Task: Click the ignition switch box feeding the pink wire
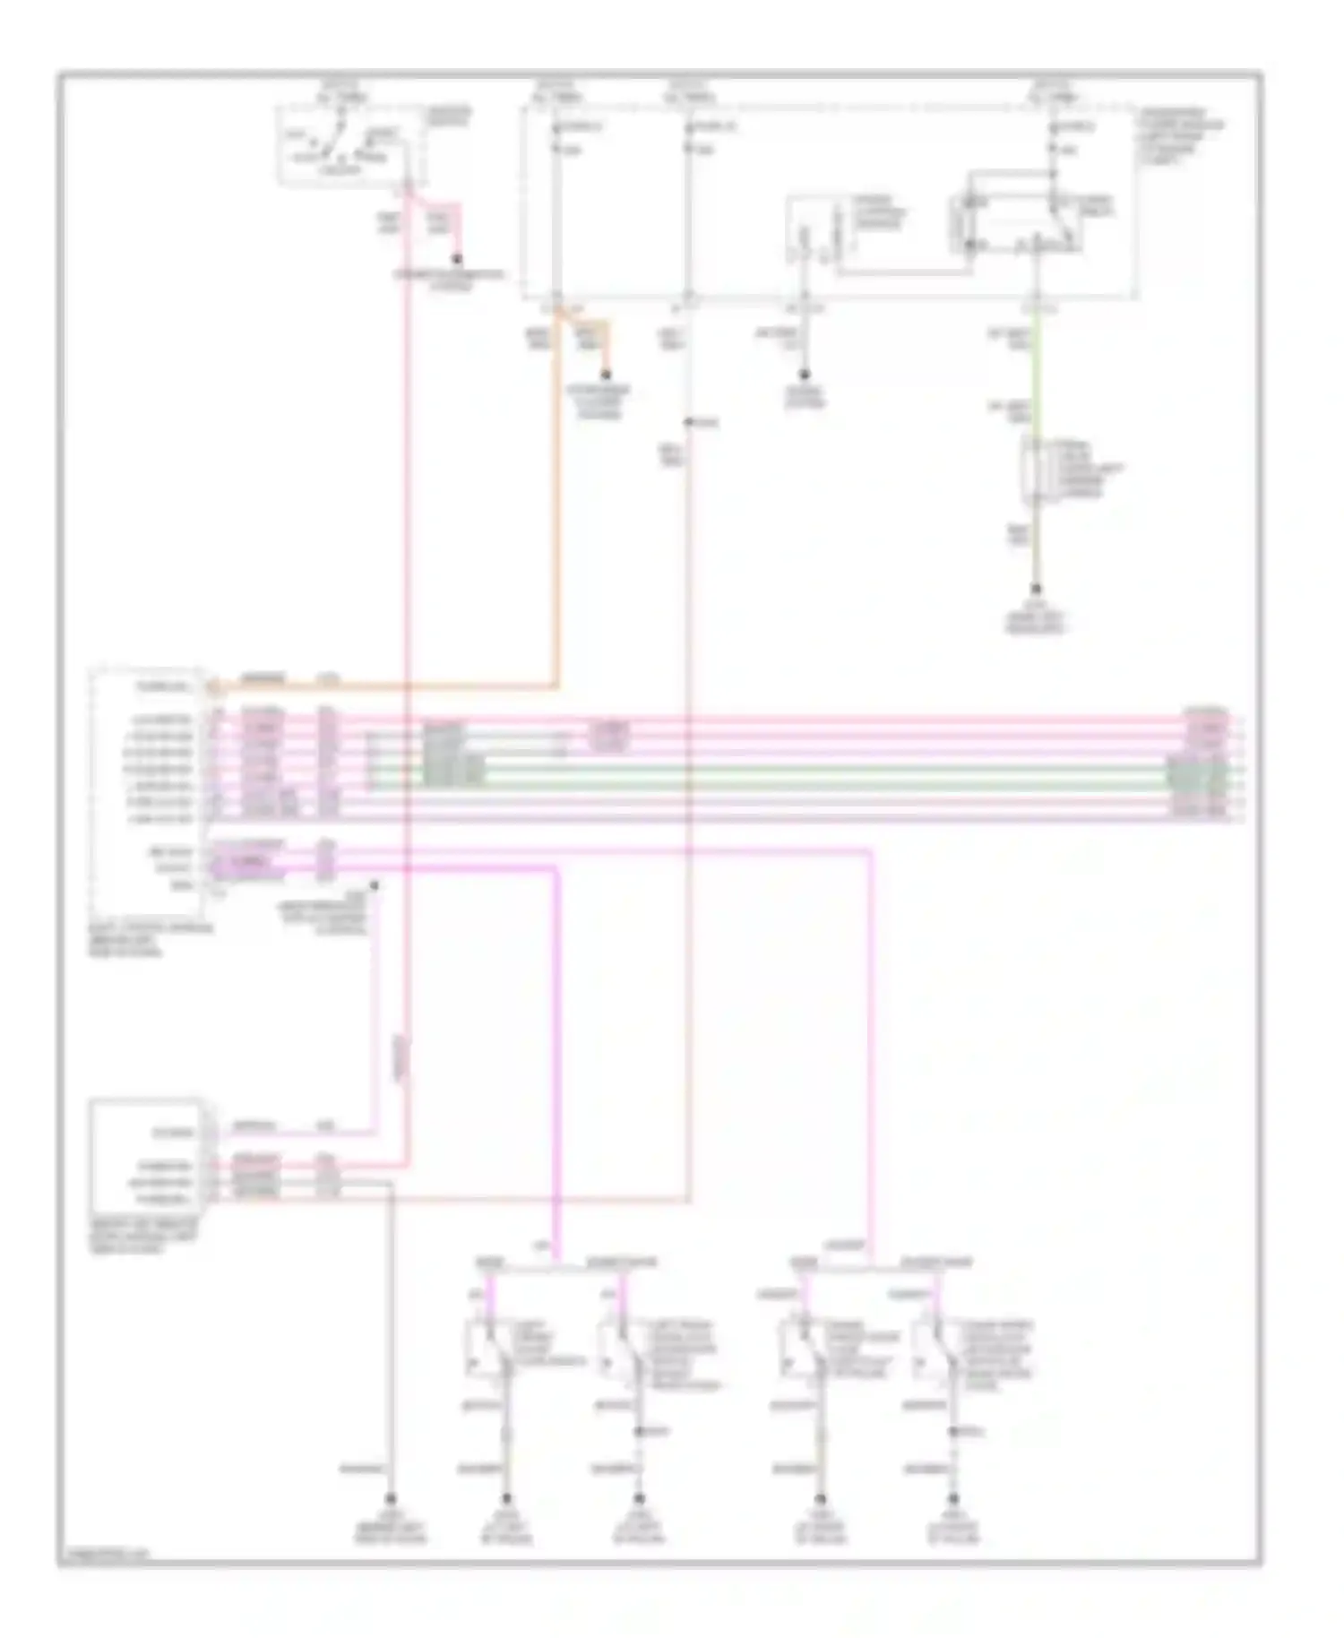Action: (x=350, y=146)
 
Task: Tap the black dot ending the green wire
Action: (x=1037, y=590)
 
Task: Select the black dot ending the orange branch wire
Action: (x=606, y=375)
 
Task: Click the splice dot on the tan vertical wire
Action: (x=688, y=422)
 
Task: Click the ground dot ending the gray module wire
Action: (x=391, y=1498)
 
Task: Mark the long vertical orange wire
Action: (x=557, y=502)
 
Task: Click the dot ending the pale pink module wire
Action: (x=375, y=884)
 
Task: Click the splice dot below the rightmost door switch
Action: (x=952, y=1432)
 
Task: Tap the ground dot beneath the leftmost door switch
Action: (x=506, y=1498)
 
